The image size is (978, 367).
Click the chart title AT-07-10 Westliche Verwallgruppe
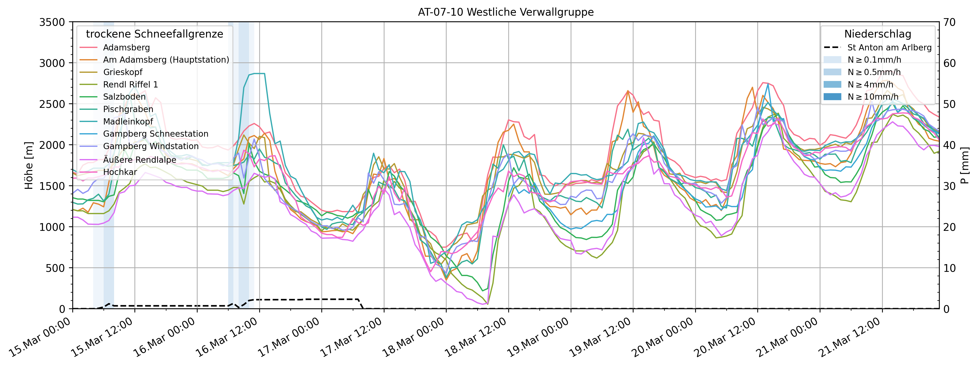click(x=506, y=12)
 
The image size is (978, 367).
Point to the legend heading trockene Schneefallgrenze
click(x=155, y=34)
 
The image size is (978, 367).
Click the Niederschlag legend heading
click(x=877, y=34)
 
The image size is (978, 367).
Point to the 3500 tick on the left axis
click(x=52, y=22)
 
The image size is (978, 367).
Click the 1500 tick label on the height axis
click(x=52, y=186)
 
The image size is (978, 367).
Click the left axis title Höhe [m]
click(x=29, y=165)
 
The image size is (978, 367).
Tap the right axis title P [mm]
click(x=965, y=165)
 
